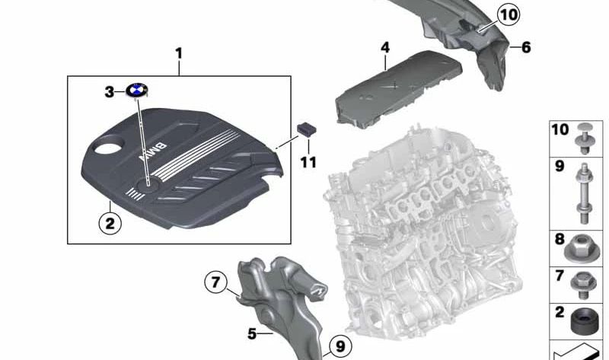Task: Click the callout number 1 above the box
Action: pos(179,53)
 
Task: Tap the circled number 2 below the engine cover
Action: pos(110,223)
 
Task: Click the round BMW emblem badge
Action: pos(139,92)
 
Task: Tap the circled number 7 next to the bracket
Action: pos(216,283)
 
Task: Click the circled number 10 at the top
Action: pos(508,14)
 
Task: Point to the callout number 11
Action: pos(308,162)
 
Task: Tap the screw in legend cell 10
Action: pos(584,138)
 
